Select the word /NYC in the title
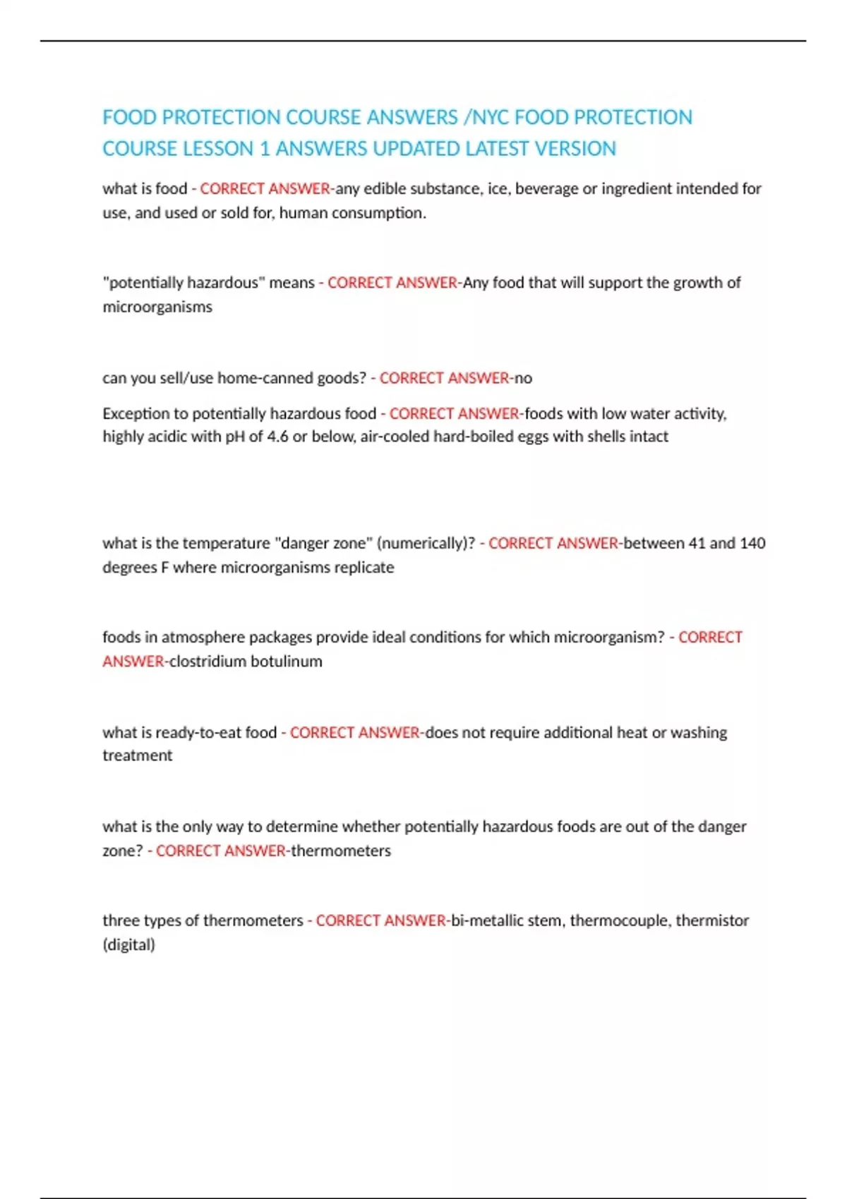tap(486, 117)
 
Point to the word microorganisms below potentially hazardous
tap(157, 307)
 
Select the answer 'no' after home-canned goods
tap(523, 378)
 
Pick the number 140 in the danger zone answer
tap(752, 543)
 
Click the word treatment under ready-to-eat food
tap(138, 755)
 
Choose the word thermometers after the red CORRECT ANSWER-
tap(341, 851)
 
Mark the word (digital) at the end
tap(128, 944)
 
